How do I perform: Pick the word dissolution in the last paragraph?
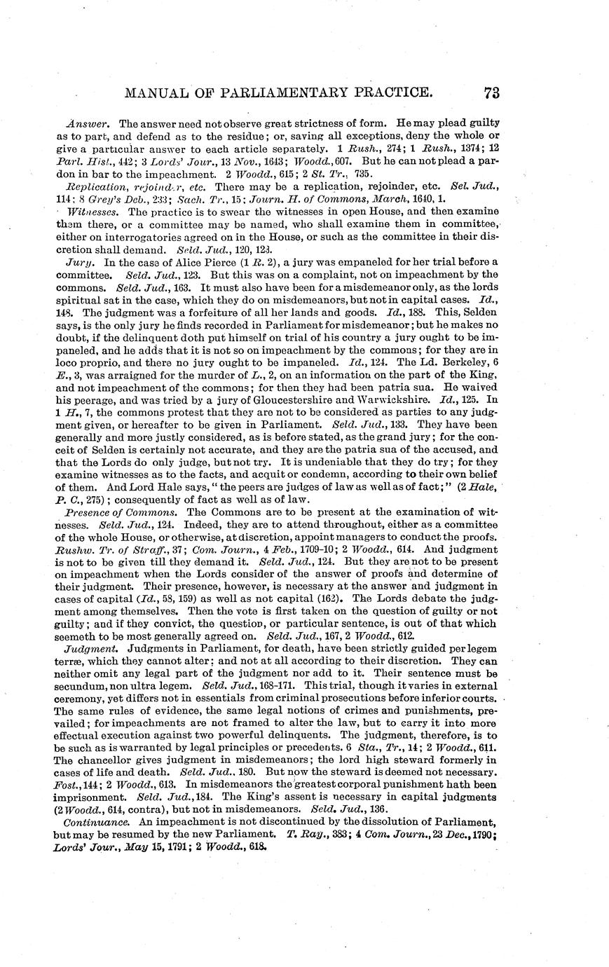coord(381,821)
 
